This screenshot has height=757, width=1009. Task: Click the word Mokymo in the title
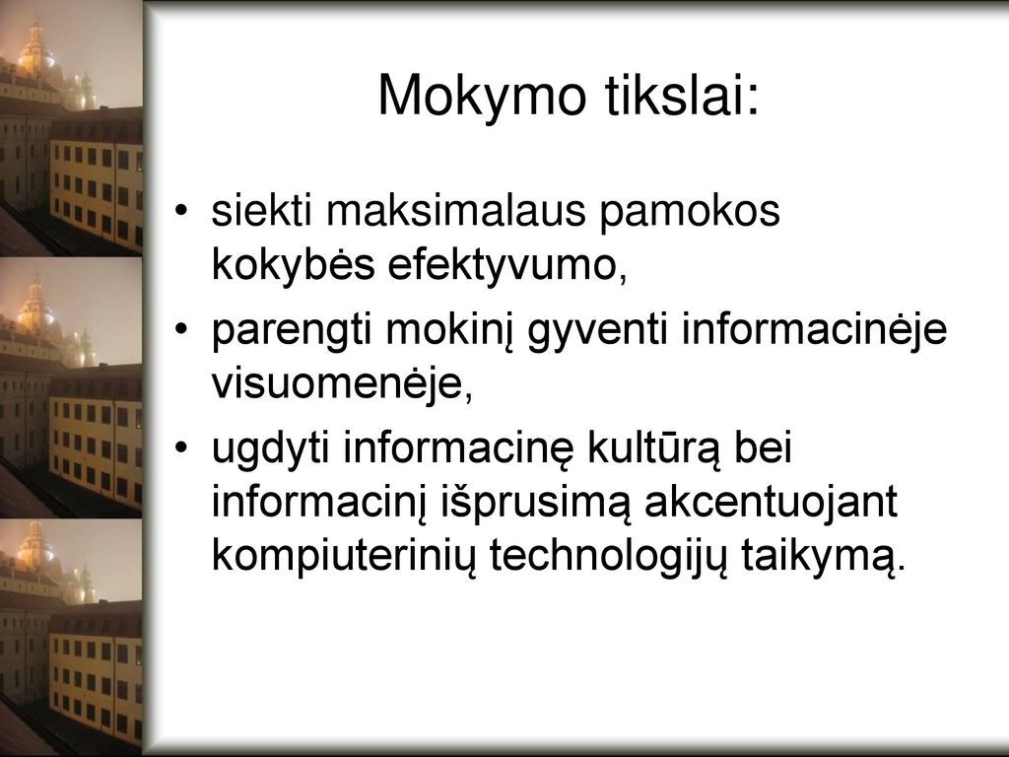coord(482,96)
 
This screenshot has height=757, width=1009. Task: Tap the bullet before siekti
coord(182,211)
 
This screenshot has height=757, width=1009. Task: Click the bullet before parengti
coord(182,330)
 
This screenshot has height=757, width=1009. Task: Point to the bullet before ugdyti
coord(182,448)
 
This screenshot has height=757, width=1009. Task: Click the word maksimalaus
coord(455,210)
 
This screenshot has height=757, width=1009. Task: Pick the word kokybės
coord(293,263)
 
